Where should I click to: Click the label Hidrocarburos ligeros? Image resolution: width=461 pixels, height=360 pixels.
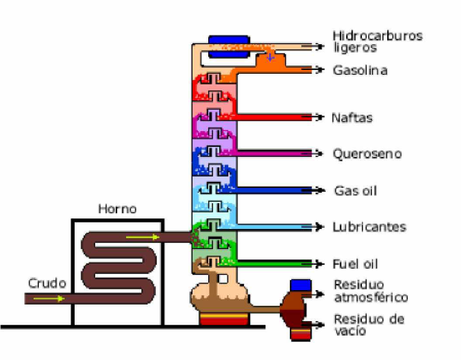pyautogui.click(x=377, y=42)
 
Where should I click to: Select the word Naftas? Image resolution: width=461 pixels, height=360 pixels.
pyautogui.click(x=352, y=118)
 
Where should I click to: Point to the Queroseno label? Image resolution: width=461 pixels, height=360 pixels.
pyautogui.click(x=367, y=154)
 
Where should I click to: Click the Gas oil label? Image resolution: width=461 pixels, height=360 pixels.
pyautogui.click(x=355, y=190)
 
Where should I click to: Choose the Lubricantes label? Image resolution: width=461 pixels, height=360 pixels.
pyautogui.click(x=369, y=227)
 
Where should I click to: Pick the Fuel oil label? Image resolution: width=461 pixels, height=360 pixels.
pyautogui.click(x=355, y=264)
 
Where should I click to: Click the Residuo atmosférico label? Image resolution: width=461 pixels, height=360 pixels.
pyautogui.click(x=371, y=291)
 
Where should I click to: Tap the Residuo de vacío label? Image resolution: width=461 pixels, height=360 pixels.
pyautogui.click(x=369, y=325)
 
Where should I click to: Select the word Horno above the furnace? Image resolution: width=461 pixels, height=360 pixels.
pyautogui.click(x=117, y=209)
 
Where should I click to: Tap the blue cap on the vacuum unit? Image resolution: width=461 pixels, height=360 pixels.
pyautogui.click(x=300, y=285)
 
